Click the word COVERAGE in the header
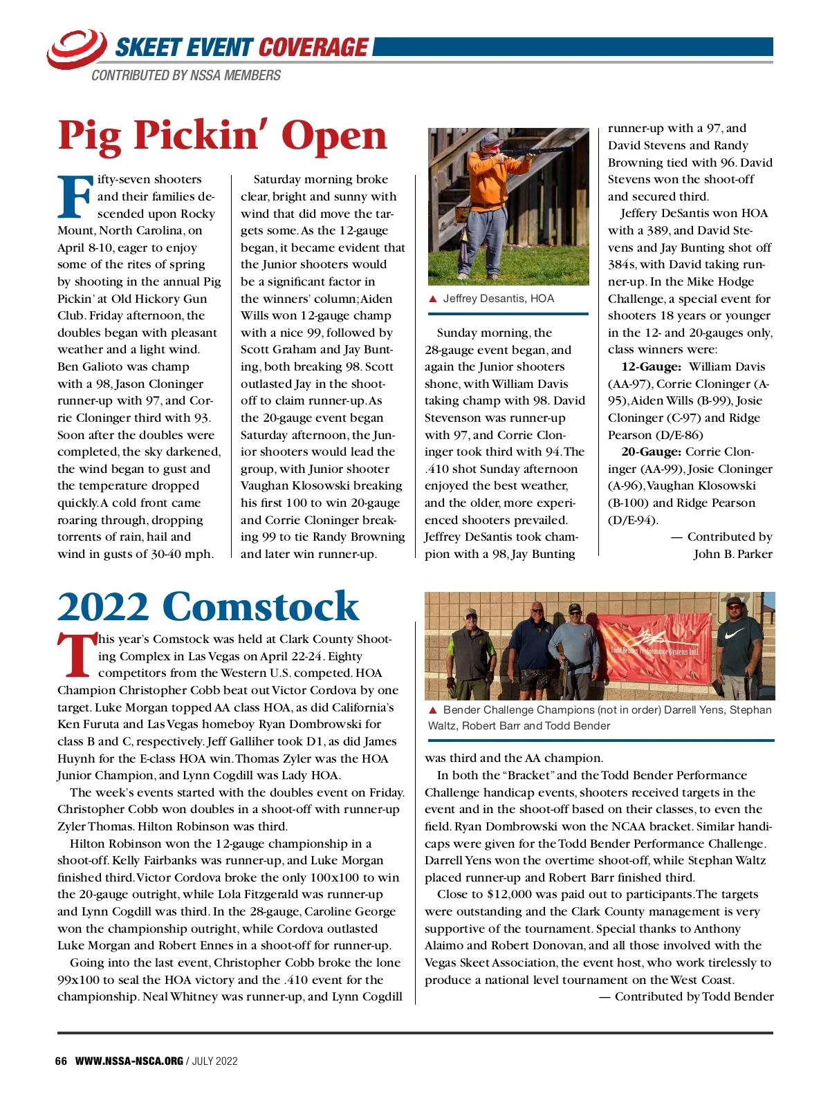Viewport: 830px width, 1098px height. click(x=313, y=47)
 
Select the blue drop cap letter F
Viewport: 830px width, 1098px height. click(x=74, y=196)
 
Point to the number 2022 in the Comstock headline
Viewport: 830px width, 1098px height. click(x=102, y=607)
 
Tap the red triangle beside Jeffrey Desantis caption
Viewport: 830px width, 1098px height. click(x=433, y=299)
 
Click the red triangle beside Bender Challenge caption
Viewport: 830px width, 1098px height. click(x=433, y=710)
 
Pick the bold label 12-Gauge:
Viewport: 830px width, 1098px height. click(x=650, y=367)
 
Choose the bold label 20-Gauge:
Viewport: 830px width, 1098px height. click(x=650, y=452)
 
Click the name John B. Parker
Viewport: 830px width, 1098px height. click(x=732, y=554)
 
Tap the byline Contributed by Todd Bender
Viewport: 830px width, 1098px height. click(x=686, y=996)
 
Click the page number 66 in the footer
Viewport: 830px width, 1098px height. click(x=61, y=1061)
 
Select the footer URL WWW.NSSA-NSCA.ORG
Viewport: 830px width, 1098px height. click(x=129, y=1061)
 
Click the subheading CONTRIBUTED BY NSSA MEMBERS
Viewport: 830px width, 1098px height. click(x=186, y=75)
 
